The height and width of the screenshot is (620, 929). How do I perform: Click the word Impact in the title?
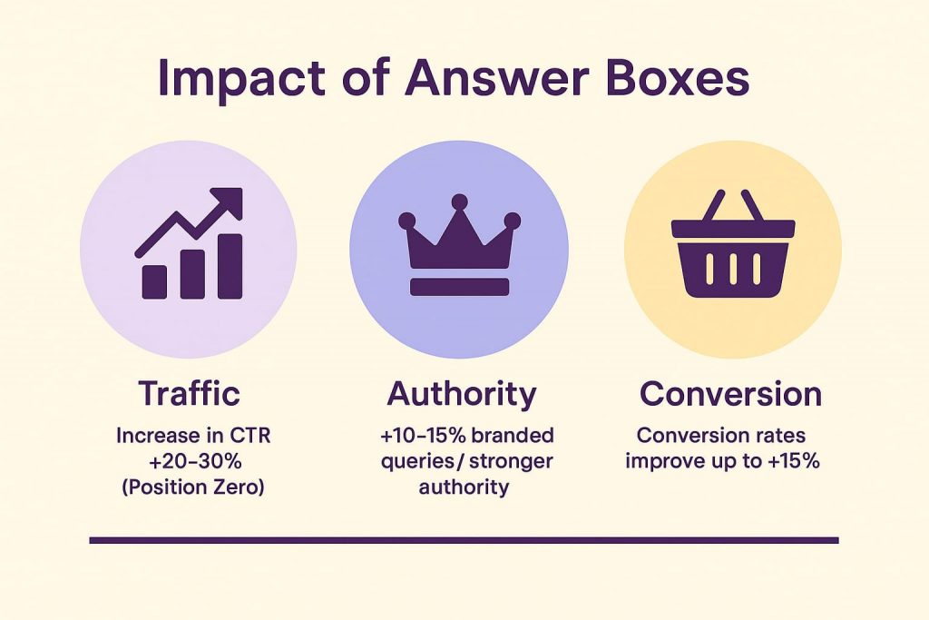[x=241, y=79]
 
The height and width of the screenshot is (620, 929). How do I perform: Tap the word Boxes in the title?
[x=677, y=78]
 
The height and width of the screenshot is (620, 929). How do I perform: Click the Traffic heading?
[x=189, y=393]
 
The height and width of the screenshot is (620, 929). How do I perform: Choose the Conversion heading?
[x=730, y=394]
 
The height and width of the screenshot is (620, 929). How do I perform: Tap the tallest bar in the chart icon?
[x=230, y=266]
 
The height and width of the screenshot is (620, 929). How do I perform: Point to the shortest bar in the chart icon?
[x=154, y=281]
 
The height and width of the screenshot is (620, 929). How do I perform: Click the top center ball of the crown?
[x=459, y=202]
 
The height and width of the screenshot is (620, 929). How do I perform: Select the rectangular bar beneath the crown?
[x=460, y=287]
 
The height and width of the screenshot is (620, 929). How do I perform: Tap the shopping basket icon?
[x=733, y=243]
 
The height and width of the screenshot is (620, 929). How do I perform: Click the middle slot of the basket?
[x=733, y=269]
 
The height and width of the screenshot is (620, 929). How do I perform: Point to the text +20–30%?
[x=195, y=461]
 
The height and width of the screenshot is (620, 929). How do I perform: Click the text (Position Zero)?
[x=193, y=487]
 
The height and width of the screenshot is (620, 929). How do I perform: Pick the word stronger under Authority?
[x=511, y=462]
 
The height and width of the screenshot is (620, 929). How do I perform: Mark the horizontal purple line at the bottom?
[x=464, y=540]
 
